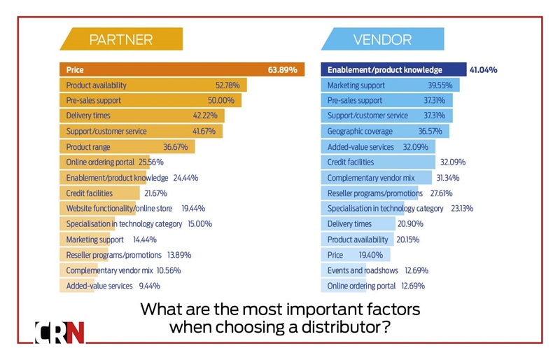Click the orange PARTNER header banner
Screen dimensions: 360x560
point(121,39)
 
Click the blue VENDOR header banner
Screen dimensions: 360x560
point(382,39)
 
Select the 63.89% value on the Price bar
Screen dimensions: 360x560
point(282,70)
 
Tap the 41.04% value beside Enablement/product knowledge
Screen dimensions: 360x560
point(483,70)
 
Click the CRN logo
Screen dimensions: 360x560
point(59,331)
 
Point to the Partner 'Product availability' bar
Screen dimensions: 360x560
point(151,85)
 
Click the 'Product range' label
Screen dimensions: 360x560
point(88,146)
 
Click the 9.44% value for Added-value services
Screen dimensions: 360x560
point(149,286)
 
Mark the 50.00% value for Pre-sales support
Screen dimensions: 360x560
point(226,101)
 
